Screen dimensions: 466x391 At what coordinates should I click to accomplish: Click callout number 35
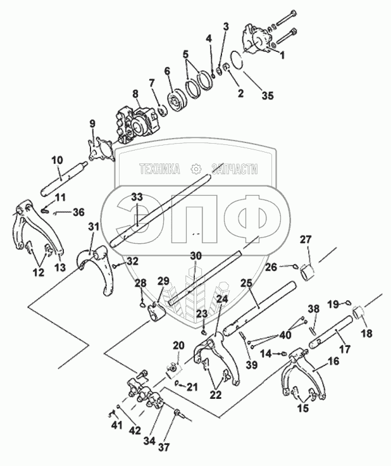click(269, 96)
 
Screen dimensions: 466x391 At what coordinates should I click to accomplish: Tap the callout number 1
click(282, 55)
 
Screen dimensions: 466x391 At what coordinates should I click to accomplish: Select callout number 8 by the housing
click(134, 94)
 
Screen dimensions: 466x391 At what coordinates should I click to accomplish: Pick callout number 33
click(137, 198)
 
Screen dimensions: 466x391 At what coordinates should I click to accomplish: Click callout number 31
click(94, 227)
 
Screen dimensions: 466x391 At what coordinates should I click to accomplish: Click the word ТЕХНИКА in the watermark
click(160, 169)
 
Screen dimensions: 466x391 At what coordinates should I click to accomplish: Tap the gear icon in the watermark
click(195, 169)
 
